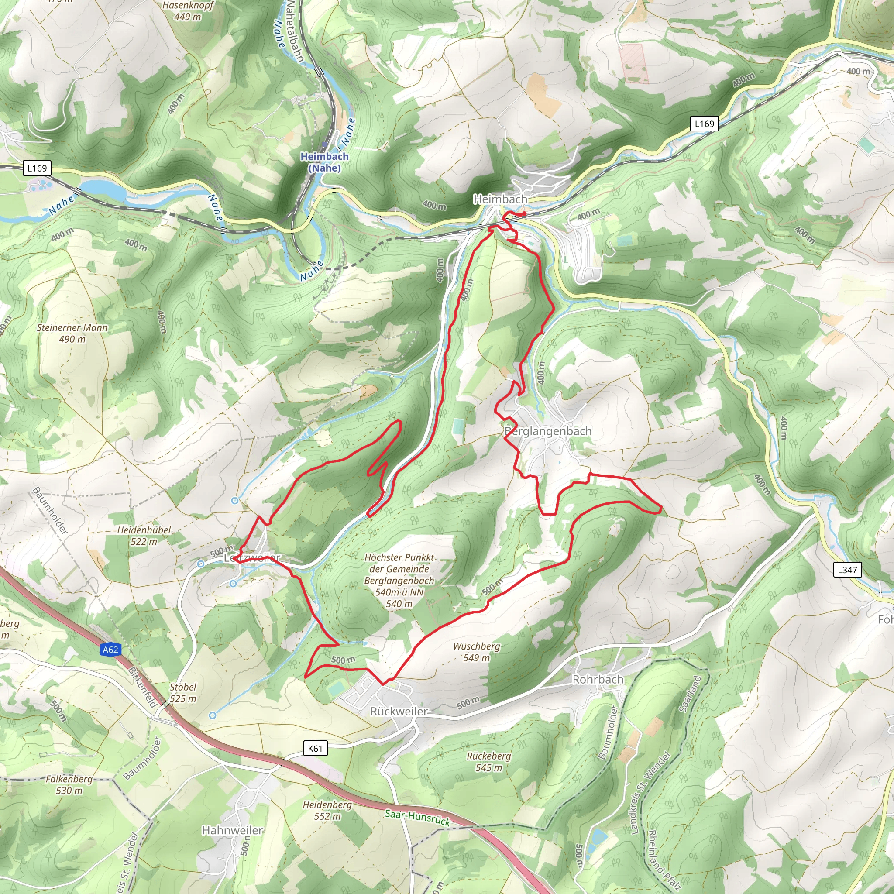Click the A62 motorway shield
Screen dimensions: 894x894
click(x=110, y=650)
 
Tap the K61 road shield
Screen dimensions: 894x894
click(x=315, y=748)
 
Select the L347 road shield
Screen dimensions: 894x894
click(x=847, y=570)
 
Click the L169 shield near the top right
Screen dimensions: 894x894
click(x=704, y=124)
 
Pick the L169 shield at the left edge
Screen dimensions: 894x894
click(x=37, y=168)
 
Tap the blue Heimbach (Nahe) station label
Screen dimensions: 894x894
click(x=324, y=162)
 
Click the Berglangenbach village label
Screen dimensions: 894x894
click(x=548, y=431)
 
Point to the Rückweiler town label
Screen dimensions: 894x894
click(x=399, y=711)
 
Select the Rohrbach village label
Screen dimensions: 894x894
click(x=598, y=679)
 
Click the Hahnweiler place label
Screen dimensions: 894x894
click(x=232, y=830)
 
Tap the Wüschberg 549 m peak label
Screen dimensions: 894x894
click(x=476, y=652)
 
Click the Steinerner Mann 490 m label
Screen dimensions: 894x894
click(x=72, y=333)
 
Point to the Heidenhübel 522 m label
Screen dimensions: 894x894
click(x=144, y=535)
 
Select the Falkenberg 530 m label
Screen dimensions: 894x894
click(x=69, y=784)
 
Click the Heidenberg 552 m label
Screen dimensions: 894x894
click(x=327, y=810)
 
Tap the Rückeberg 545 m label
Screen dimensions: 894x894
click(x=488, y=761)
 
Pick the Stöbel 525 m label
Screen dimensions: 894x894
click(x=183, y=693)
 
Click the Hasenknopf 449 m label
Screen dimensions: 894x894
click(x=187, y=10)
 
